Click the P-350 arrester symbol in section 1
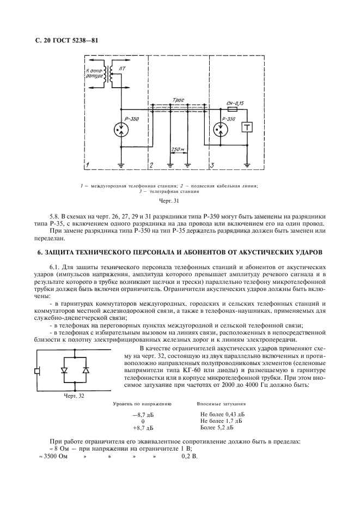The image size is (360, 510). (119, 130)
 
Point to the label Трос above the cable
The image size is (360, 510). (179, 100)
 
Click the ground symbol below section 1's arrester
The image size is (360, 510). (119, 165)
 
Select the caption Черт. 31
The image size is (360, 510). (180, 201)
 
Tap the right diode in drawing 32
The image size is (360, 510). (85, 370)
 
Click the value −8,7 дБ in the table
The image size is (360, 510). (143, 415)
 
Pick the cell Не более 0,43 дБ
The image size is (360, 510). (221, 415)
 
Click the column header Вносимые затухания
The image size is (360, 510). (221, 404)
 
